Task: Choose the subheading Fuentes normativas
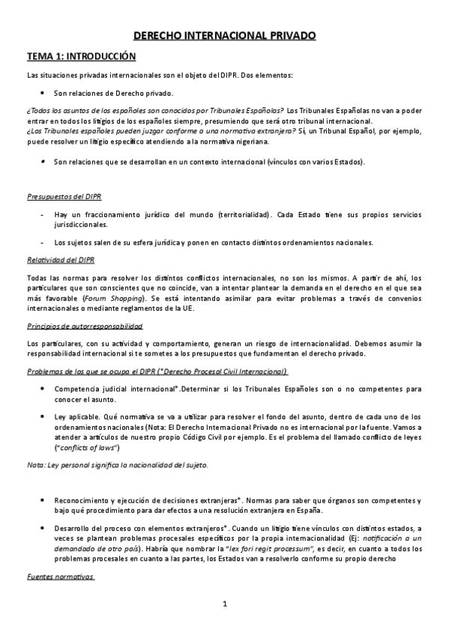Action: click(x=59, y=577)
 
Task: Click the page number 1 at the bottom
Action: click(x=224, y=604)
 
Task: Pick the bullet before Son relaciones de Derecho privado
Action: click(x=45, y=94)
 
